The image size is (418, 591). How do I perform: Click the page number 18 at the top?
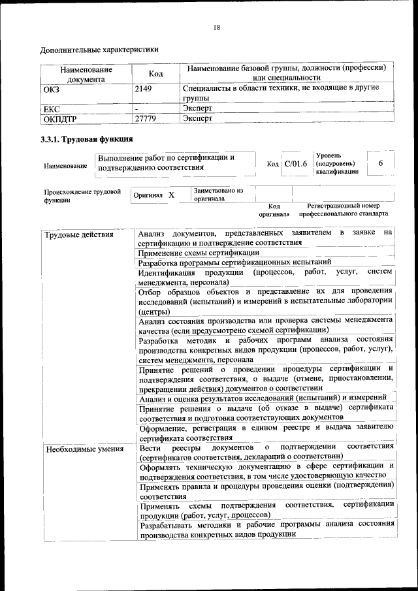216,27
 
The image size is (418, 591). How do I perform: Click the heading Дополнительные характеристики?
99,49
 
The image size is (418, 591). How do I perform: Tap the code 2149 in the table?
143,88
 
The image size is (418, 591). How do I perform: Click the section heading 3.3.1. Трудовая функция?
87,139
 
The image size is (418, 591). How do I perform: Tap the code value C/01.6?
295,163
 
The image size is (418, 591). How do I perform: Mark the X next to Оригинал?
171,195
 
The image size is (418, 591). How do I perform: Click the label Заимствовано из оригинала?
217,195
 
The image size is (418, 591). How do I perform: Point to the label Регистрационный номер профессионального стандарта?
344,210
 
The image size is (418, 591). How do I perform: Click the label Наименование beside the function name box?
65,167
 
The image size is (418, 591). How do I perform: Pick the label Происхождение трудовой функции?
82,197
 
